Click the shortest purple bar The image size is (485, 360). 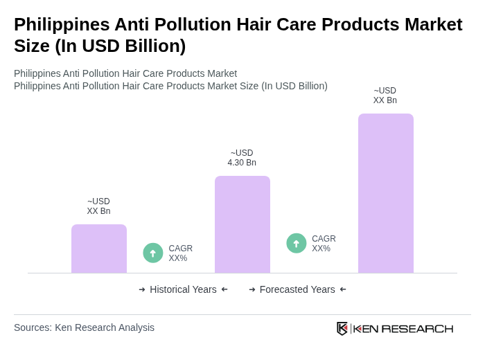coord(99,249)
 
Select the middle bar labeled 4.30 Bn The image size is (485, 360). coord(242,224)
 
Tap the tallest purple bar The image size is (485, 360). coord(386,193)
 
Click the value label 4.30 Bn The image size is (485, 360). coord(242,158)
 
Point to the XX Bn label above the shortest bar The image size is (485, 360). coord(98,206)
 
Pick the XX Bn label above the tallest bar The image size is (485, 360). coord(385,96)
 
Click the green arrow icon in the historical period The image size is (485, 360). coord(153,253)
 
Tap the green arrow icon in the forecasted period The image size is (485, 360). coord(297,243)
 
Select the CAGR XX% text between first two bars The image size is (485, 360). coord(181,253)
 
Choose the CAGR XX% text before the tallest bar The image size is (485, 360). coord(324,244)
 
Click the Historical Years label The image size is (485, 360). coord(183,289)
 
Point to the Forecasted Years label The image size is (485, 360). coord(297,289)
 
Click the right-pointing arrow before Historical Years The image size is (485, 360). coord(142,289)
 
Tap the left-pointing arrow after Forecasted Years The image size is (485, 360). coord(343,289)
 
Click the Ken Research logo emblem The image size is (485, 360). coord(342,328)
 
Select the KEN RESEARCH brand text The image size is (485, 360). coord(403,328)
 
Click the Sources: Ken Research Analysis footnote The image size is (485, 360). coord(84,327)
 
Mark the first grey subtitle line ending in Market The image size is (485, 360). coord(125,73)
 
